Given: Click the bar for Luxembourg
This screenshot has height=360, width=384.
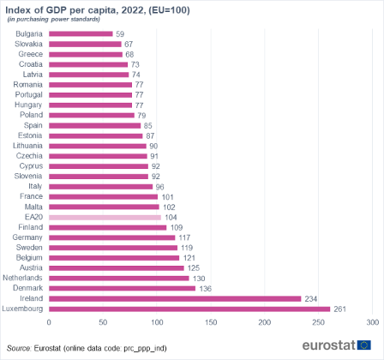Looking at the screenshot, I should pos(189,309).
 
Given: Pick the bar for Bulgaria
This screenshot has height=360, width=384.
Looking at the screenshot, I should pos(81,34).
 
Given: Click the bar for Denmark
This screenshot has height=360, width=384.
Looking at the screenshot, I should pos(122,288).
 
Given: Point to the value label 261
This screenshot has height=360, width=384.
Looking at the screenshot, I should pos(340,309).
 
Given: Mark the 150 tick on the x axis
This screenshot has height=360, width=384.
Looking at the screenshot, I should pos(211,322).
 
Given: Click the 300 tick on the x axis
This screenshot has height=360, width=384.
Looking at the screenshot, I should pos(372,322).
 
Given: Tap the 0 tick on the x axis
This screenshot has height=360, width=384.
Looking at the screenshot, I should pos(49,322).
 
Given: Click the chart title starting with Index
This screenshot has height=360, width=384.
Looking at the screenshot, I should pos(98,9).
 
